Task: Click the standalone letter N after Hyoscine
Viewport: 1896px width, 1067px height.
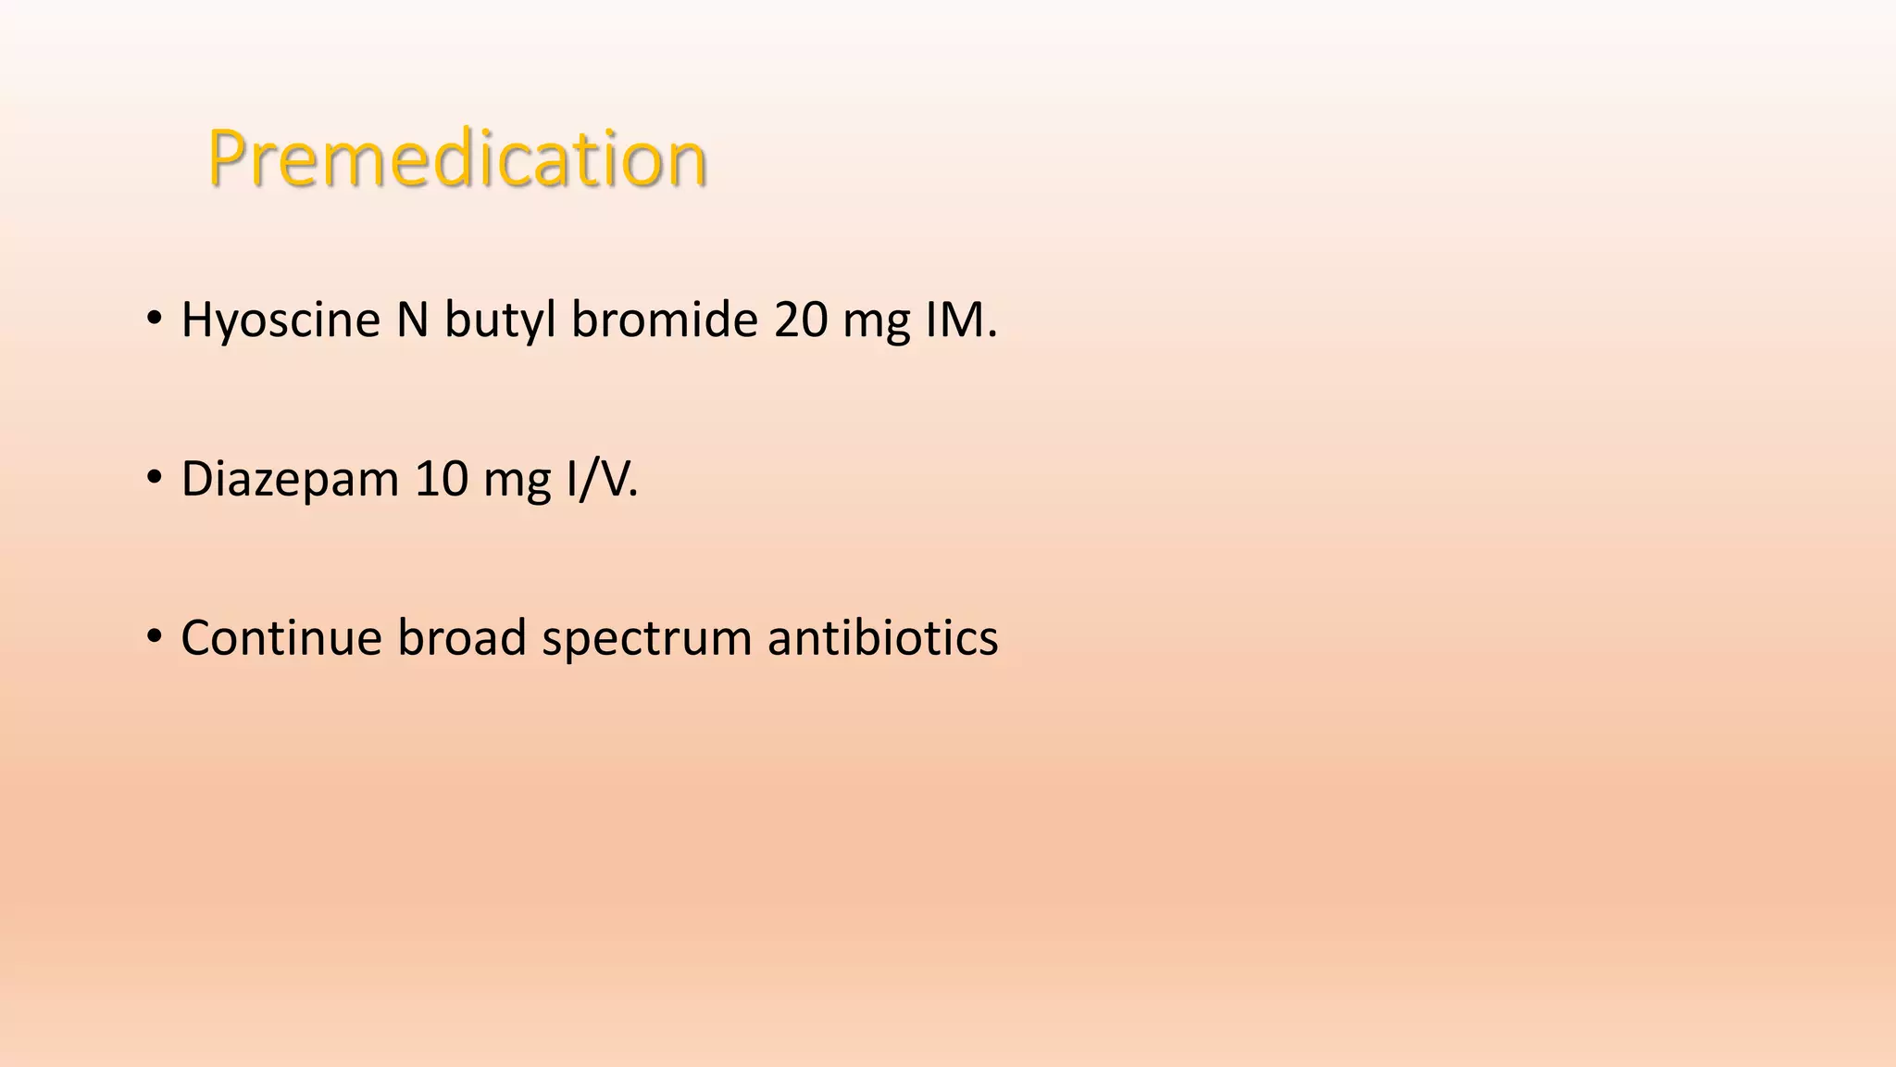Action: tap(413, 320)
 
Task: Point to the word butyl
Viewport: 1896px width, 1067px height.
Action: tap(500, 320)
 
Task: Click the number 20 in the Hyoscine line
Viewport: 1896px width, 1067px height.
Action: tap(801, 320)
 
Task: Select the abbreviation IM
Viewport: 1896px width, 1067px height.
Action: tap(961, 320)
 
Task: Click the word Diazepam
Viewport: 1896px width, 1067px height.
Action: tap(290, 481)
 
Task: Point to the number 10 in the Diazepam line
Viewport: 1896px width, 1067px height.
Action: tap(442, 481)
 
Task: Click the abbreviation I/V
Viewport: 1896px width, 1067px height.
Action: tap(603, 481)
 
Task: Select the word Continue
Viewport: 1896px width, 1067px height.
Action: tap(281, 639)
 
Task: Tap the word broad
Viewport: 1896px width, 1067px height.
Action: tap(462, 639)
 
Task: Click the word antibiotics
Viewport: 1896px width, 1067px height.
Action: tap(883, 639)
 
